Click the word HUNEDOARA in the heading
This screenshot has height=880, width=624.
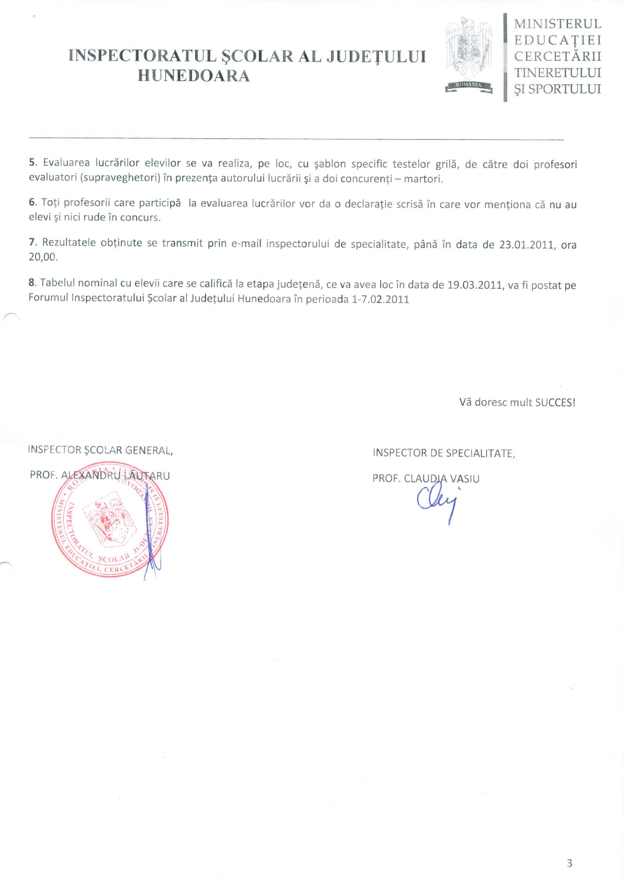(x=194, y=76)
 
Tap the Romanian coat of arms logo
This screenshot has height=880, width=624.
(x=469, y=55)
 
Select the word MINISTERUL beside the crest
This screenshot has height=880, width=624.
(x=557, y=24)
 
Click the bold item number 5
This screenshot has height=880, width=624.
(x=32, y=163)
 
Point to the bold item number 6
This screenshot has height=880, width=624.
(x=32, y=202)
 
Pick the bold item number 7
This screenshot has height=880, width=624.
(x=32, y=242)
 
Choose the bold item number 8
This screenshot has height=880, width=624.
(x=32, y=282)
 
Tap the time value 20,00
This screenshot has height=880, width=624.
(x=43, y=257)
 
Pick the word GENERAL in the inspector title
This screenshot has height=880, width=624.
(x=149, y=451)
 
